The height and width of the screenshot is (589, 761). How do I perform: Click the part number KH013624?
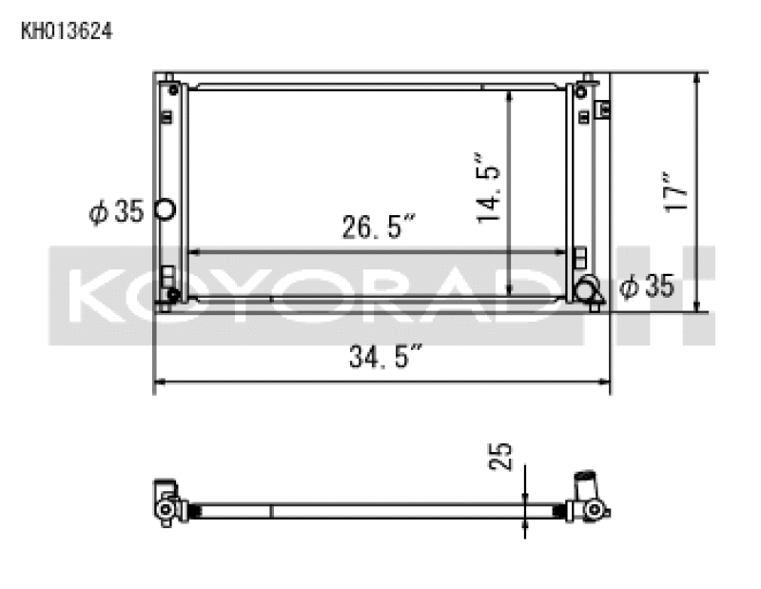tap(67, 30)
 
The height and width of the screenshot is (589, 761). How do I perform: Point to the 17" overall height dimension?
tap(676, 191)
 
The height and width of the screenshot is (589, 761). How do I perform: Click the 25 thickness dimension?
tap(504, 456)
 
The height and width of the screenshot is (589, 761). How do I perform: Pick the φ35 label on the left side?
tap(116, 211)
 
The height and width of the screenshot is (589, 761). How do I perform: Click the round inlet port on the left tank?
tap(165, 210)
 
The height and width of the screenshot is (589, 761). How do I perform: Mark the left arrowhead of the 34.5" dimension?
tap(159, 383)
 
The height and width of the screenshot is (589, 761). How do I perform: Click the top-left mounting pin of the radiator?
tap(167, 77)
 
